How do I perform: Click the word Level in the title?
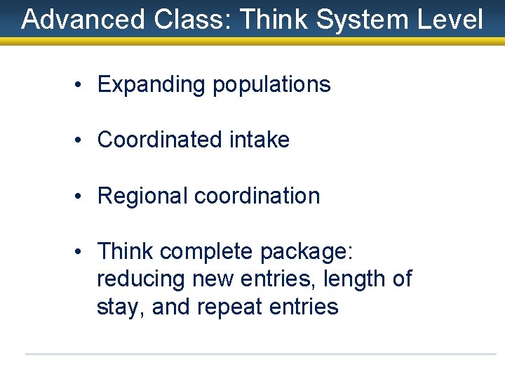[x=453, y=20]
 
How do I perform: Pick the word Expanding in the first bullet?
[x=151, y=85]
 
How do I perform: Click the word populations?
[x=271, y=85]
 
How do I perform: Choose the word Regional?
[x=142, y=196]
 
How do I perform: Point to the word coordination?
[x=257, y=196]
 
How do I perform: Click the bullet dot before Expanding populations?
[x=83, y=85]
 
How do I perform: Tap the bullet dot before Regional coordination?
[x=83, y=196]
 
